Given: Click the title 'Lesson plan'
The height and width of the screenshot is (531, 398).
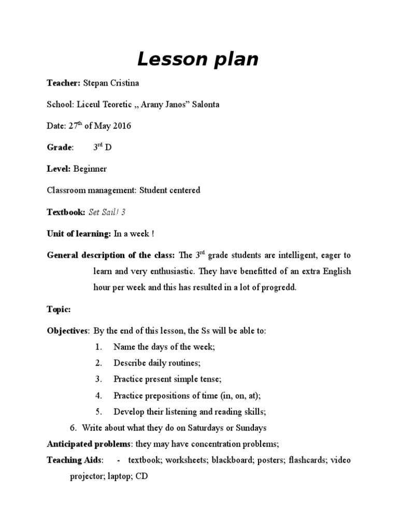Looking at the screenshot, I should (197, 60).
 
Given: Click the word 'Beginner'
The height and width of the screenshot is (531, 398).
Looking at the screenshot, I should (90, 169).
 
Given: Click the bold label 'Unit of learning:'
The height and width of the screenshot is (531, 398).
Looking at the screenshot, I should (79, 234).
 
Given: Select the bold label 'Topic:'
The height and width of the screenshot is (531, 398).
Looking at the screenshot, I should (59, 309).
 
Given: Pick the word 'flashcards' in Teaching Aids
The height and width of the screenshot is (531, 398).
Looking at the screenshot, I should (307, 460).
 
